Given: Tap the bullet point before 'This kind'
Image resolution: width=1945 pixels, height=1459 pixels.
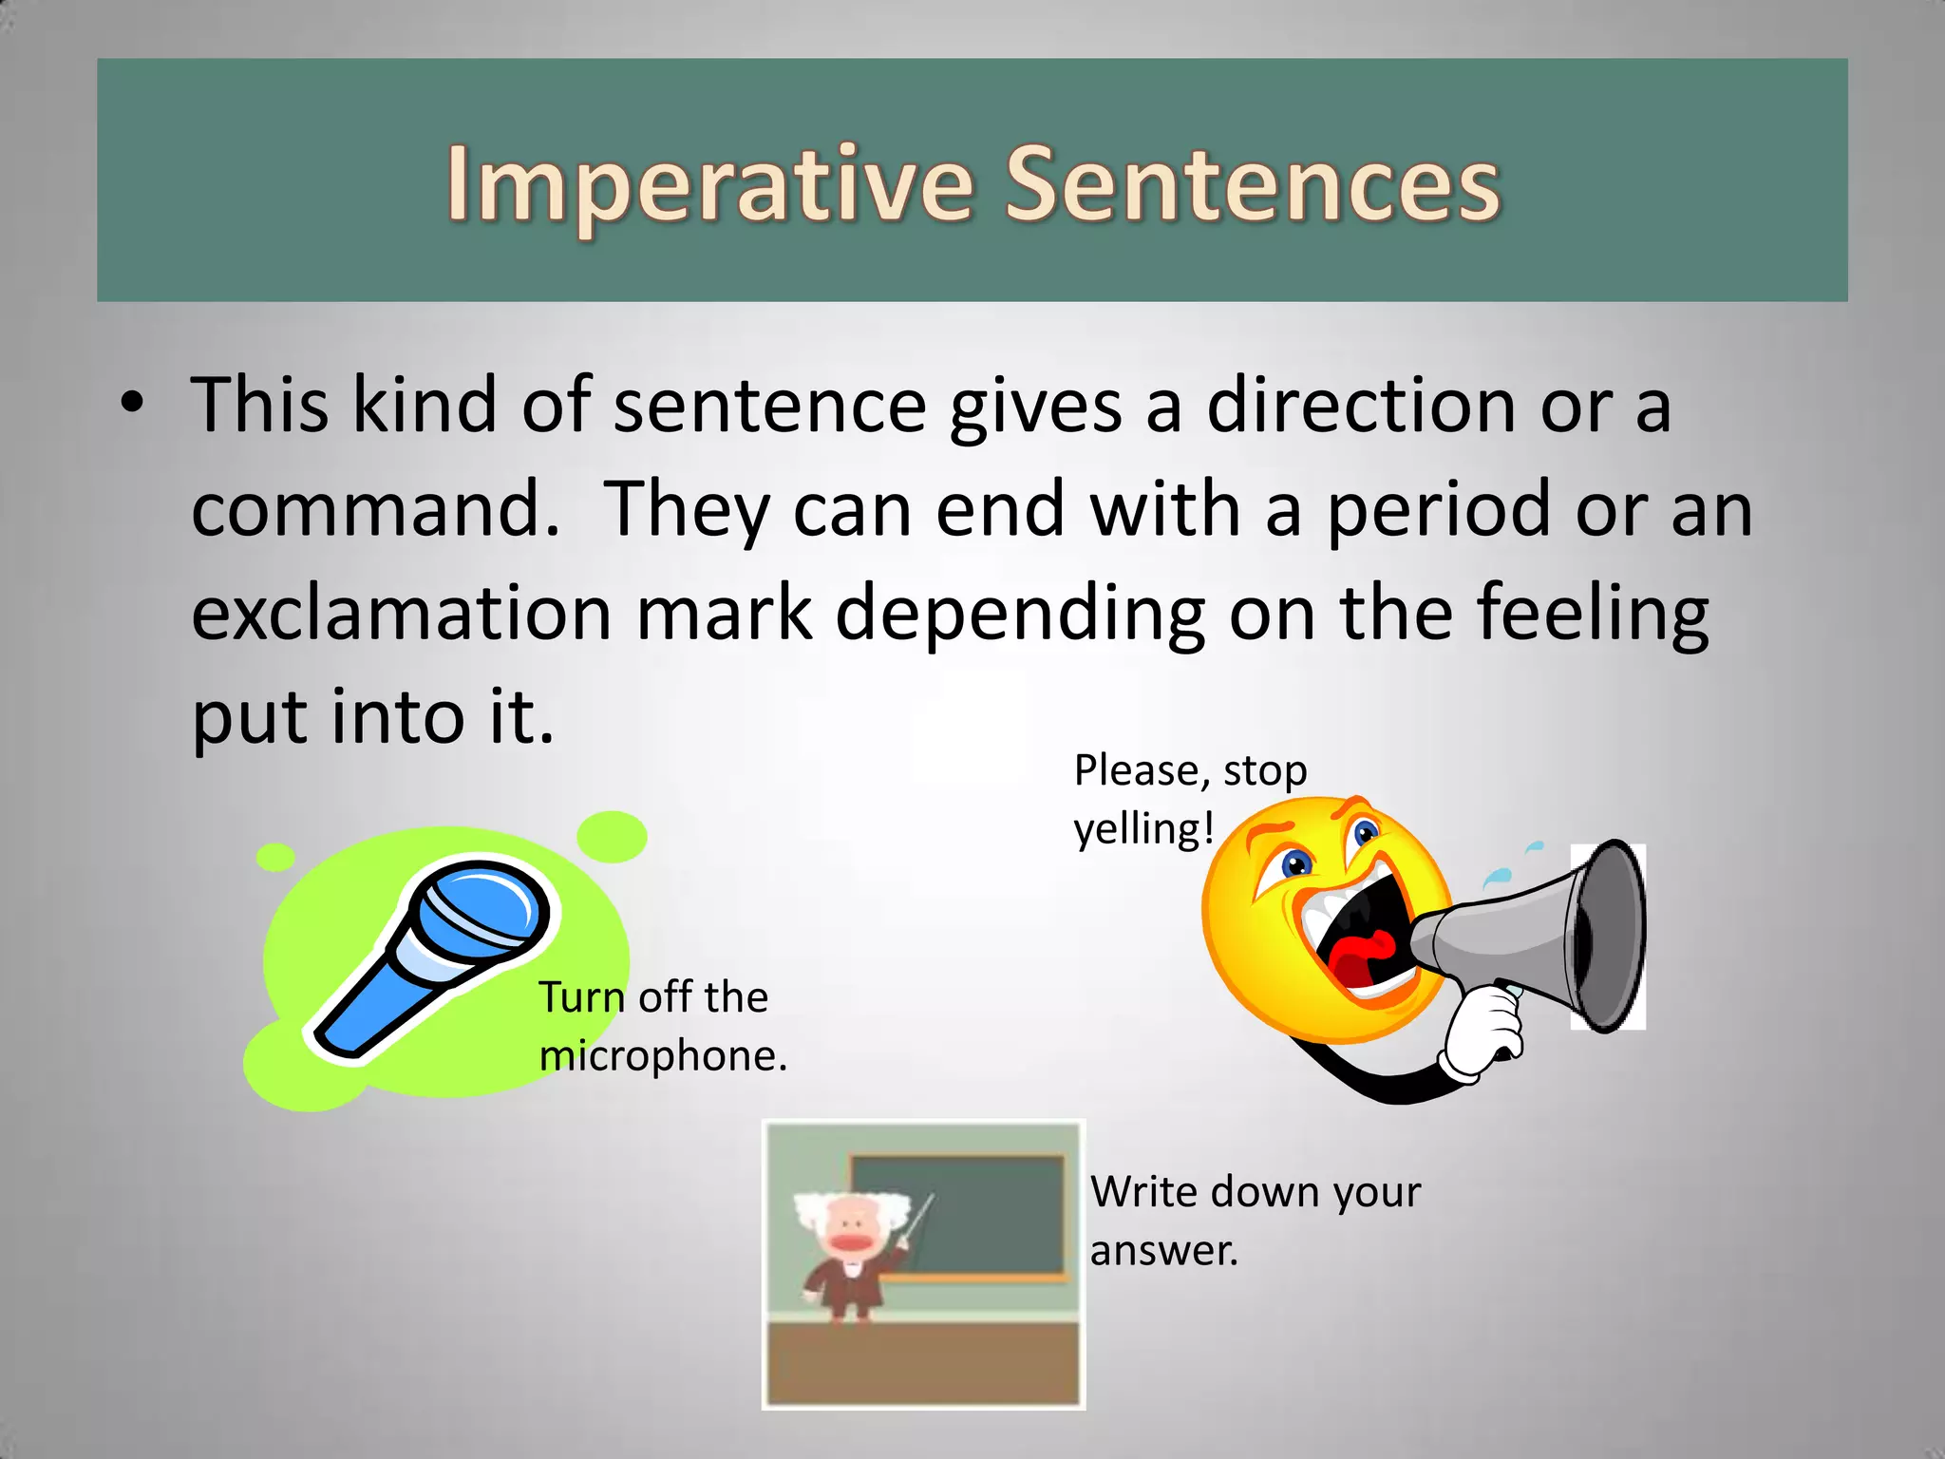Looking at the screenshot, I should [133, 403].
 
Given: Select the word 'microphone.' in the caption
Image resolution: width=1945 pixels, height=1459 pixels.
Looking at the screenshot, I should [663, 1056].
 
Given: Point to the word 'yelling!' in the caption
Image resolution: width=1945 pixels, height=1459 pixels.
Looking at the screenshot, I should [1143, 829].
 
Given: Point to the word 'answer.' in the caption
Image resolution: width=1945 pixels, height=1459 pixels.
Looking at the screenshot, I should [1163, 1251].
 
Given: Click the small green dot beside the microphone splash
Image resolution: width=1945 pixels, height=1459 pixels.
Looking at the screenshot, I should [275, 857].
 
